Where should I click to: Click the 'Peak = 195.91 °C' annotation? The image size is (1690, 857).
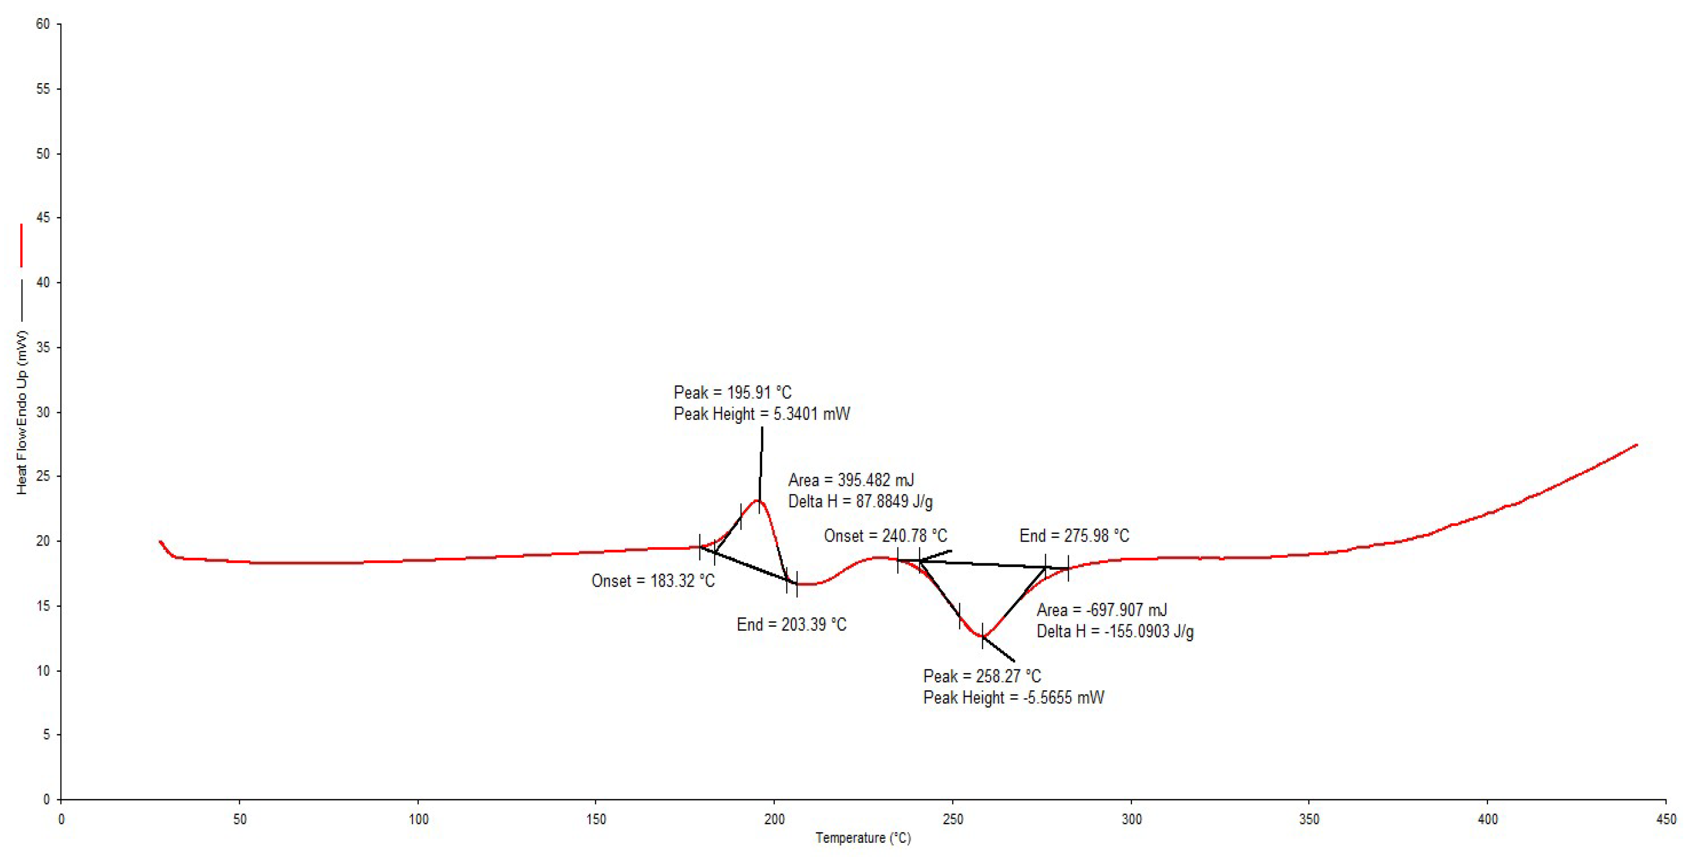point(732,393)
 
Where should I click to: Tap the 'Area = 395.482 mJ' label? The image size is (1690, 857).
point(851,480)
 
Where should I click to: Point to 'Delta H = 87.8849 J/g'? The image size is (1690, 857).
point(860,502)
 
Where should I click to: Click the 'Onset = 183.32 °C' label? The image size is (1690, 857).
point(653,581)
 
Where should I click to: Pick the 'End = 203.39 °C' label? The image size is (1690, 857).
point(791,624)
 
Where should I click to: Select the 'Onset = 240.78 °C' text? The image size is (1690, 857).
point(885,536)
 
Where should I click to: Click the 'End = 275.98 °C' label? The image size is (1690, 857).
point(1074,536)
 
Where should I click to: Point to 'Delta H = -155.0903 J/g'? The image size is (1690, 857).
point(1115,632)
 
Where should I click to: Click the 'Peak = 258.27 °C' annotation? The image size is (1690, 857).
point(981,676)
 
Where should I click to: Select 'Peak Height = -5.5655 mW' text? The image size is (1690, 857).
point(1014,698)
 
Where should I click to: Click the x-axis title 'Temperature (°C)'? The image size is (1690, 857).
point(863,838)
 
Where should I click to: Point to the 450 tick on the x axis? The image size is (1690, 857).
point(1666,819)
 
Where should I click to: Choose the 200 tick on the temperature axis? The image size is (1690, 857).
point(774,819)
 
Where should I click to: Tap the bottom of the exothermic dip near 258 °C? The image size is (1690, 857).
point(982,637)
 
